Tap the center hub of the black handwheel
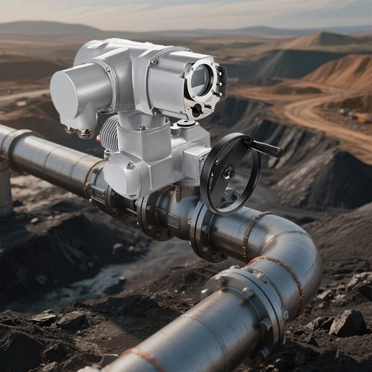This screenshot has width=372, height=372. (x=228, y=174)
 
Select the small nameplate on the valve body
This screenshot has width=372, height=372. (x=174, y=221)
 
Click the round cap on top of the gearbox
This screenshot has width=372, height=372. (x=185, y=123)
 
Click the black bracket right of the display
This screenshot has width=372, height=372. (x=221, y=82)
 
